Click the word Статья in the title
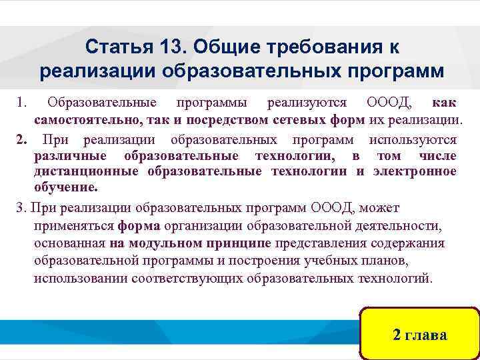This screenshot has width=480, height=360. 120,47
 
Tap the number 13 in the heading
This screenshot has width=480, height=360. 174,47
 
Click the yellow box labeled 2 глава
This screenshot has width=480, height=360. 419,334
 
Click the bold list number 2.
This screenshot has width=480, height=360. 21,139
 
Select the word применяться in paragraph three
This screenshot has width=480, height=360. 73,225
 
